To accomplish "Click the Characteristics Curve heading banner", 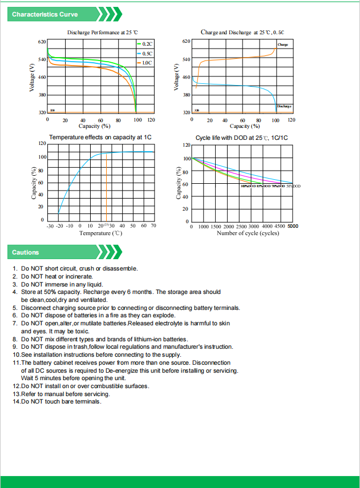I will (46, 14).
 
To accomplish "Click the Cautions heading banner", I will (26, 252).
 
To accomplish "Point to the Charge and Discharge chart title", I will (242, 33).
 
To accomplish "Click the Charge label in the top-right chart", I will (282, 45).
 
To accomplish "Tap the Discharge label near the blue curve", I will (284, 106).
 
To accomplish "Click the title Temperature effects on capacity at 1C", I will (100, 138).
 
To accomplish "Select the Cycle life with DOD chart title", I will (242, 138).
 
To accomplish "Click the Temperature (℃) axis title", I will (100, 233).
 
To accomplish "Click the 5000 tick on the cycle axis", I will (292, 226).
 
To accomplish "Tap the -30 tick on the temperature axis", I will (50, 226).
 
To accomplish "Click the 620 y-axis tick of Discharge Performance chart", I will (42, 42).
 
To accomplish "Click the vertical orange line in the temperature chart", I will (106, 188).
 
